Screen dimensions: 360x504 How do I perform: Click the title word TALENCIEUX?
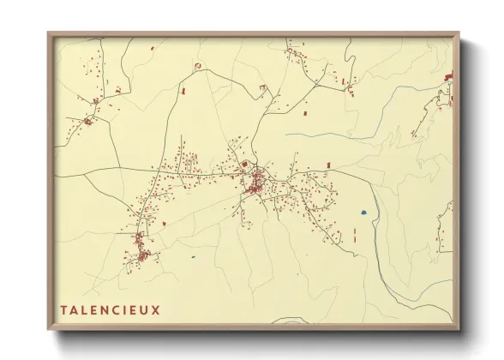click(x=109, y=309)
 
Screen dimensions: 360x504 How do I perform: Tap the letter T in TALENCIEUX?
click(x=63, y=309)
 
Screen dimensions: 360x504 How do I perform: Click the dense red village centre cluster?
click(x=255, y=183)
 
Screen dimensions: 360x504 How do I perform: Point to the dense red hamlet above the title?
click(x=141, y=255)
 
